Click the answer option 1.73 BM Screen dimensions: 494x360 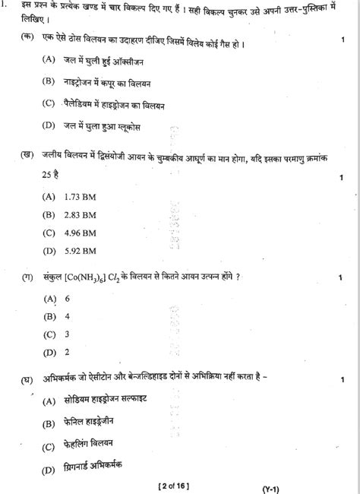pos(79,197)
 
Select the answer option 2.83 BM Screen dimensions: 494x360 pos(79,214)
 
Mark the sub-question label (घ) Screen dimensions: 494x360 pos(29,375)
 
